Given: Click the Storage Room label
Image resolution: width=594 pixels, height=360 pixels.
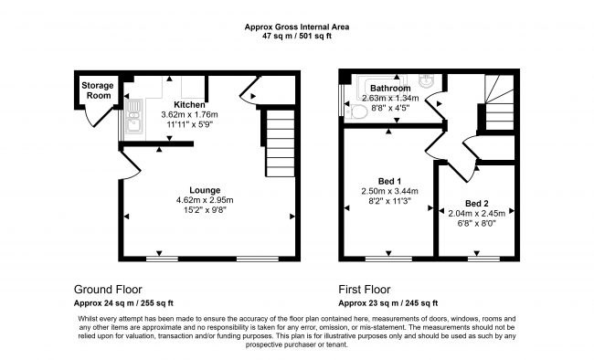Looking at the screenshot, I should tap(98, 90).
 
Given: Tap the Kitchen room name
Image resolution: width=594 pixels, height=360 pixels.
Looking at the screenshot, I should tap(189, 105).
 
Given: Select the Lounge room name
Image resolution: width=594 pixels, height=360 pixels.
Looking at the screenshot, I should tap(205, 190).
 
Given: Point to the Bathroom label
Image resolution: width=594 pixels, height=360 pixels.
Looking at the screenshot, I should tap(389, 88).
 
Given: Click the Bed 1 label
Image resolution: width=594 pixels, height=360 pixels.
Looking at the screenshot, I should tap(389, 181).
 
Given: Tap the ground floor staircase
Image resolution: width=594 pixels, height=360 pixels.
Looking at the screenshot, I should tap(280, 143).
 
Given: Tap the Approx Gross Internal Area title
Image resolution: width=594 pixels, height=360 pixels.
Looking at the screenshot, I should tap(297, 27).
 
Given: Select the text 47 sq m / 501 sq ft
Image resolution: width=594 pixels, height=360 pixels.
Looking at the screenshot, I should tap(297, 38).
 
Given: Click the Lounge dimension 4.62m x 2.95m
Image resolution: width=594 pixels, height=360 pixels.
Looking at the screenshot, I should tap(205, 200).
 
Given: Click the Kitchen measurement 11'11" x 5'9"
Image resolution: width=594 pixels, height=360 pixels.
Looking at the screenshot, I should tap(189, 125).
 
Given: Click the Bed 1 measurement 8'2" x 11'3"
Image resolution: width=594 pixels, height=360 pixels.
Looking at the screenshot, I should tap(389, 201).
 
